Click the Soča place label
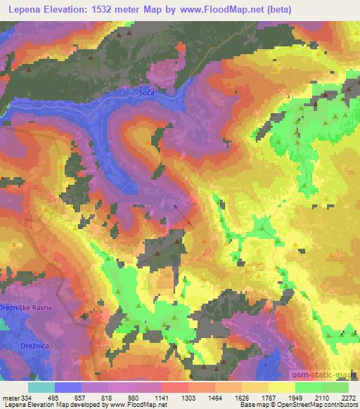click(147, 92)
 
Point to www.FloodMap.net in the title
click(220, 11)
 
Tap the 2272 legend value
click(349, 397)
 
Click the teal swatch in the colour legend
click(41, 387)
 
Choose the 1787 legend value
click(269, 397)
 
